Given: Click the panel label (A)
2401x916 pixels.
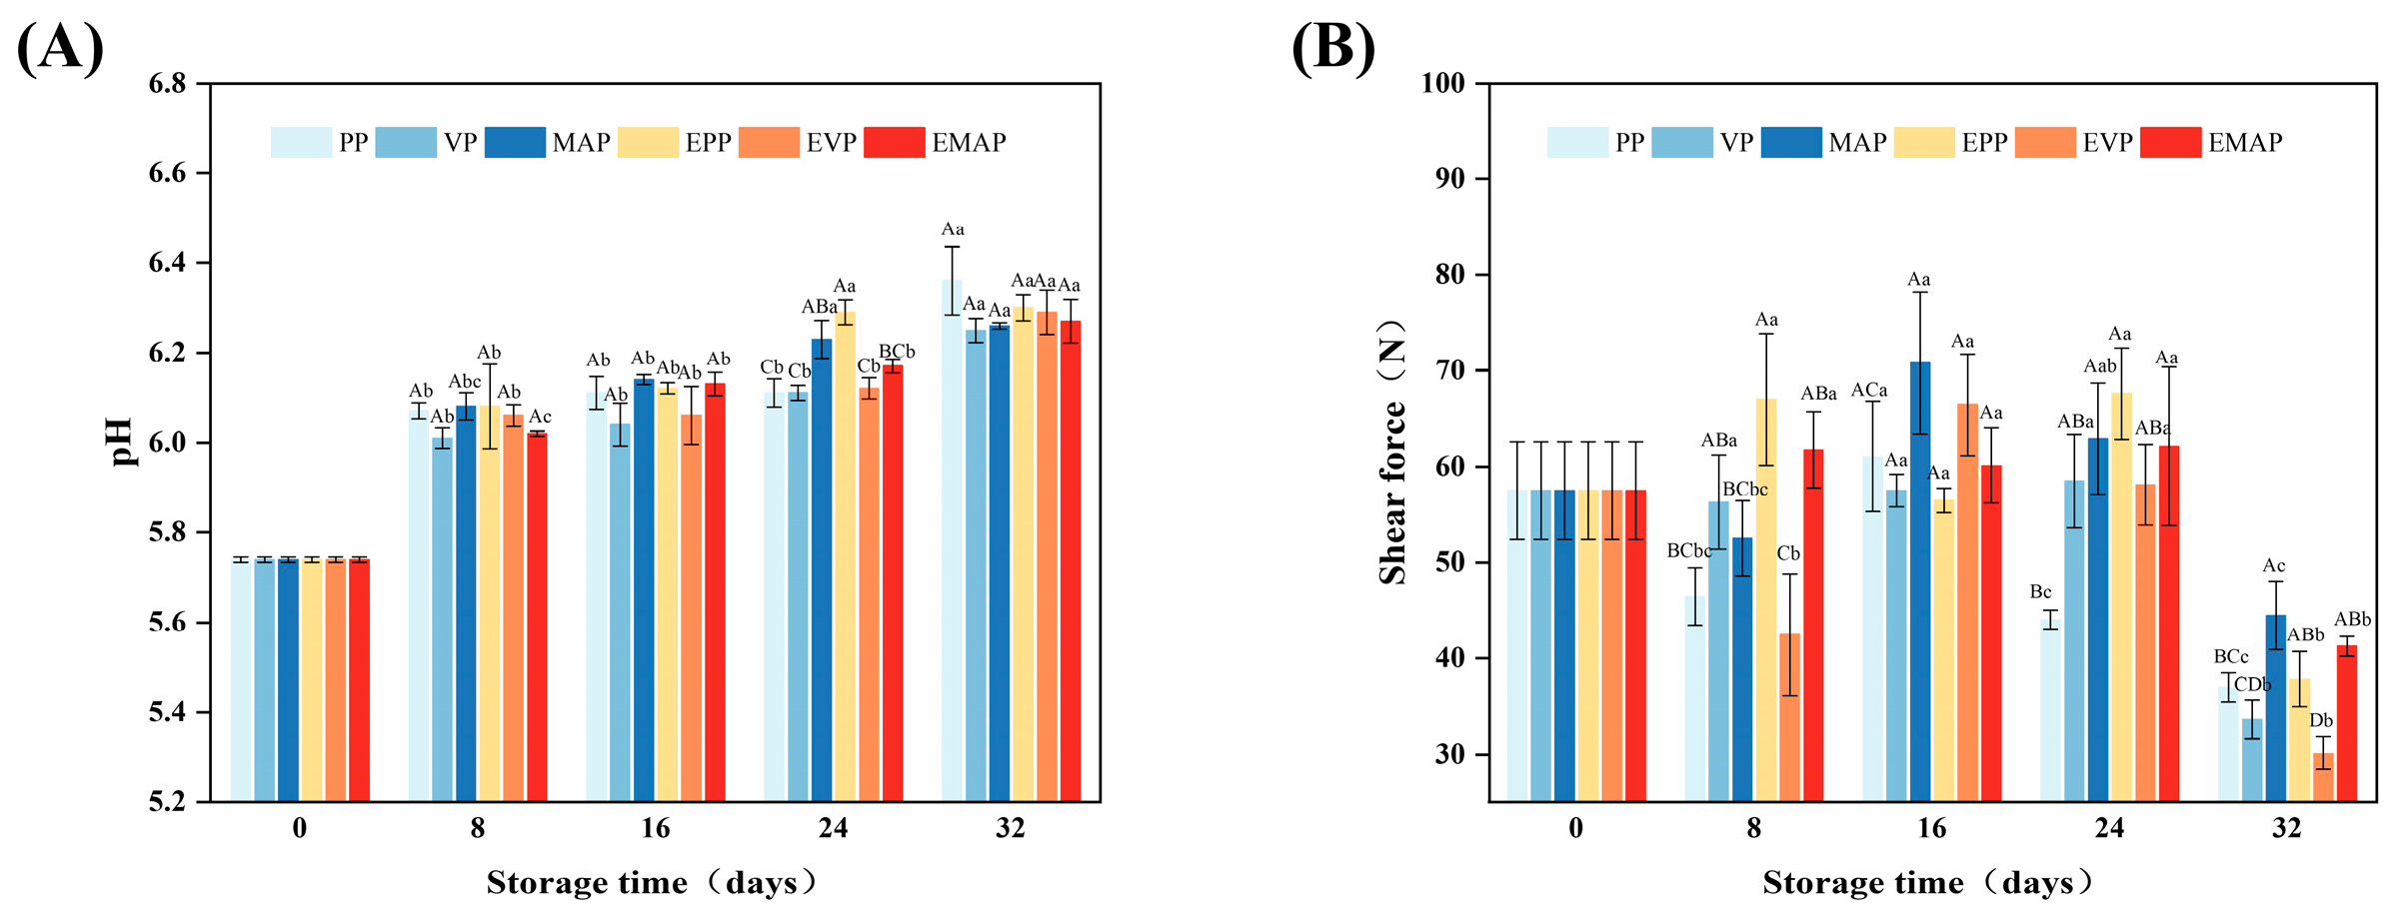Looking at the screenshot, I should [60, 48].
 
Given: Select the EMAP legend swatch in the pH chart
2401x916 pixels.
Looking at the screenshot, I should [894, 143].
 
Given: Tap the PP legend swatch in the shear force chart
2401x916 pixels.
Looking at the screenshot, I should [1577, 143].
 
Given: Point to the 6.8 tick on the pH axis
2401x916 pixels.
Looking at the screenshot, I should [168, 84].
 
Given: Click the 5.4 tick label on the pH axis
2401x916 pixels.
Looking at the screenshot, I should [168, 712].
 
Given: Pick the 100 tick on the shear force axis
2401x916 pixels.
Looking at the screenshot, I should [1442, 84].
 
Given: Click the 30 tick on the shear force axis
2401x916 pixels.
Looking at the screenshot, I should [1450, 755].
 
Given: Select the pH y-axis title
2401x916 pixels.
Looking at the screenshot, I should [122, 443].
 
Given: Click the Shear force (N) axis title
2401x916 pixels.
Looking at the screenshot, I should [1392, 452].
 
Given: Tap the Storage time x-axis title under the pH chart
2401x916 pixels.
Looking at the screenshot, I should [652, 883].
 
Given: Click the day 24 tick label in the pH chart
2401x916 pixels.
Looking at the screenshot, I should [833, 829].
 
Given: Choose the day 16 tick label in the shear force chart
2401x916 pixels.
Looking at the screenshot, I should [1931, 829].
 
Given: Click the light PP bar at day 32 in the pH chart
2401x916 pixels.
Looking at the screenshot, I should [952, 539].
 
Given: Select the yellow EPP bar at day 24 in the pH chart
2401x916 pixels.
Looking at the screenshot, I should [846, 554].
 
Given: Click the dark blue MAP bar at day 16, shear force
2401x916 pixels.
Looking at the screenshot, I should [1920, 579].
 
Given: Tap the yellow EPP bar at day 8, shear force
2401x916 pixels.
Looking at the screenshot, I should [1766, 599].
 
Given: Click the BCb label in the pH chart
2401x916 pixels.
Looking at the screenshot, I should [896, 352].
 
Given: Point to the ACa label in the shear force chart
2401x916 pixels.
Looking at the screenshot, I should [1869, 390].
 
